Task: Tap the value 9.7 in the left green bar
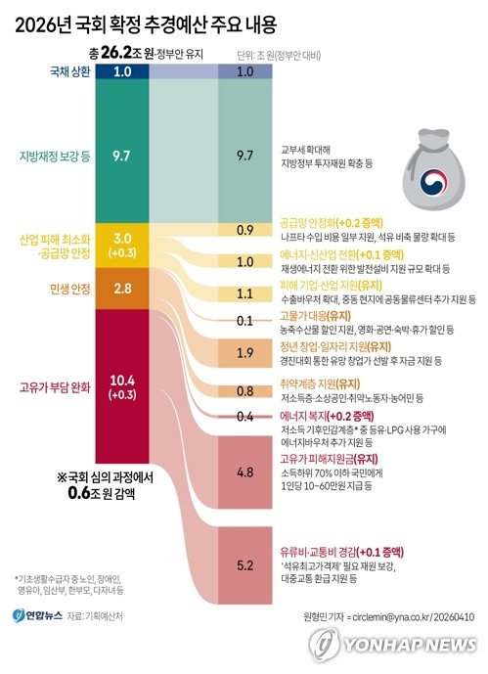(x=122, y=155)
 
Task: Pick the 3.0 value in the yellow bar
(x=122, y=239)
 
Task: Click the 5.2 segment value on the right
(x=244, y=565)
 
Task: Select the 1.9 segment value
(x=244, y=351)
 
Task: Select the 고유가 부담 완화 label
(x=60, y=386)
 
